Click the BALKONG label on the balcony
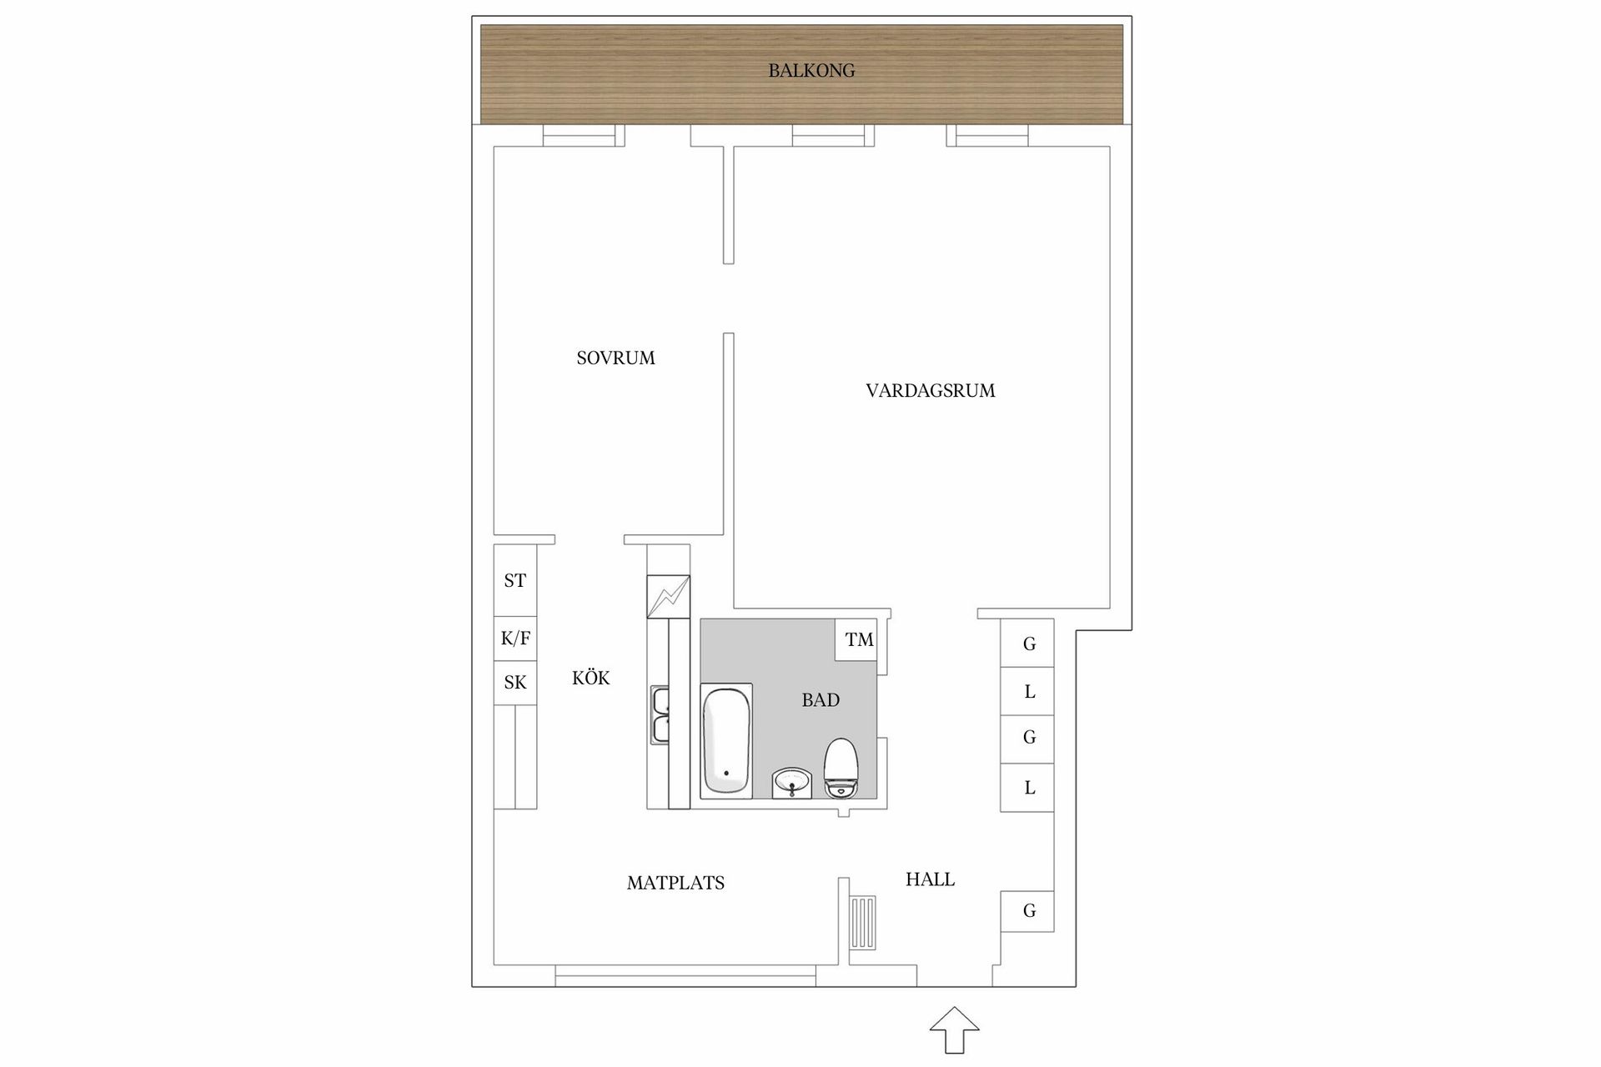click(811, 71)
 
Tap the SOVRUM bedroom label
click(615, 358)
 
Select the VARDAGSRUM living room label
click(930, 391)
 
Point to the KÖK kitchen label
click(590, 679)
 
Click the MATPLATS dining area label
click(675, 883)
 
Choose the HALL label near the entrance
click(930, 879)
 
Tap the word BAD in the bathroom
click(821, 700)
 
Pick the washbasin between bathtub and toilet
click(792, 783)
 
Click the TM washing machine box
click(858, 640)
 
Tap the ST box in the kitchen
click(514, 581)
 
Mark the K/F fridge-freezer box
click(514, 639)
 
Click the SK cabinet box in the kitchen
click(514, 683)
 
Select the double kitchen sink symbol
click(660, 715)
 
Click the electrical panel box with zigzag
click(668, 597)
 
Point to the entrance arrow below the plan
click(954, 1029)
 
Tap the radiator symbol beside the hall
click(864, 922)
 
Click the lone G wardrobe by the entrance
click(1028, 911)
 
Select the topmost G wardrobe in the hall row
click(1028, 644)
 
